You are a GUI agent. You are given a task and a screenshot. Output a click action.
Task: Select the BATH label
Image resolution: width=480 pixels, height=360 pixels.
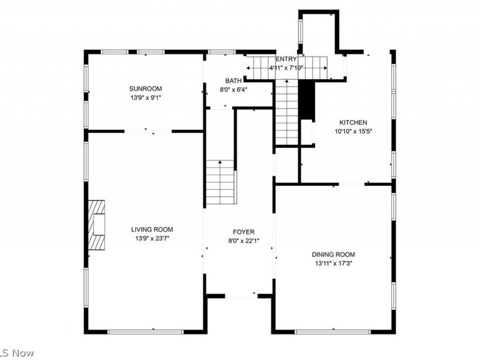tap(233, 81)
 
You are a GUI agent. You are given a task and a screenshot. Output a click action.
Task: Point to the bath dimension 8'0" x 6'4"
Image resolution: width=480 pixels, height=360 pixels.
tap(233, 90)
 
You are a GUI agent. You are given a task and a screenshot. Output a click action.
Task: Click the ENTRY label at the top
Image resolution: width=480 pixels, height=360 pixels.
tap(286, 59)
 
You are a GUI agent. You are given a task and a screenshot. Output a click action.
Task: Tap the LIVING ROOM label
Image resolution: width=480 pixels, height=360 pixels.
tap(152, 229)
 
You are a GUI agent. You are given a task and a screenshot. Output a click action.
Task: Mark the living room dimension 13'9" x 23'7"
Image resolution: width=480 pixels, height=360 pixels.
tap(152, 238)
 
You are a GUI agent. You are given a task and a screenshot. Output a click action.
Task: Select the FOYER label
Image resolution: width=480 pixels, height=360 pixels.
tap(244, 232)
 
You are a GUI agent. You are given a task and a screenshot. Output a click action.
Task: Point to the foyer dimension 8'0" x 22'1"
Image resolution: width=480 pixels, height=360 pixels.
tap(244, 241)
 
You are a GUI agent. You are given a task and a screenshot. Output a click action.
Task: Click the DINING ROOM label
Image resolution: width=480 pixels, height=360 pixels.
tap(333, 254)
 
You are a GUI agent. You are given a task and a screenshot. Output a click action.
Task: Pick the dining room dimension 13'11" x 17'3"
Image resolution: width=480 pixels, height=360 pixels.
tap(333, 263)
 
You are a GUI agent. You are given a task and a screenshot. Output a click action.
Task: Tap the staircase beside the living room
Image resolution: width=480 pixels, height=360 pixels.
tap(220, 182)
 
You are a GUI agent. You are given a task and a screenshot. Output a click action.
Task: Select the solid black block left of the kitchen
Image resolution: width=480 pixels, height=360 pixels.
tap(307, 100)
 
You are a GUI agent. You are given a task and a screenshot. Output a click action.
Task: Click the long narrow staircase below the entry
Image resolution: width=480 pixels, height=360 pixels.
tap(287, 113)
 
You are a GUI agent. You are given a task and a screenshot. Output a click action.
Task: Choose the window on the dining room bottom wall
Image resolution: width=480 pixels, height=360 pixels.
tap(332, 331)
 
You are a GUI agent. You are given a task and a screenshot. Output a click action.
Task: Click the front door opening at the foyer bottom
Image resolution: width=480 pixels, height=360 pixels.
tap(241, 296)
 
